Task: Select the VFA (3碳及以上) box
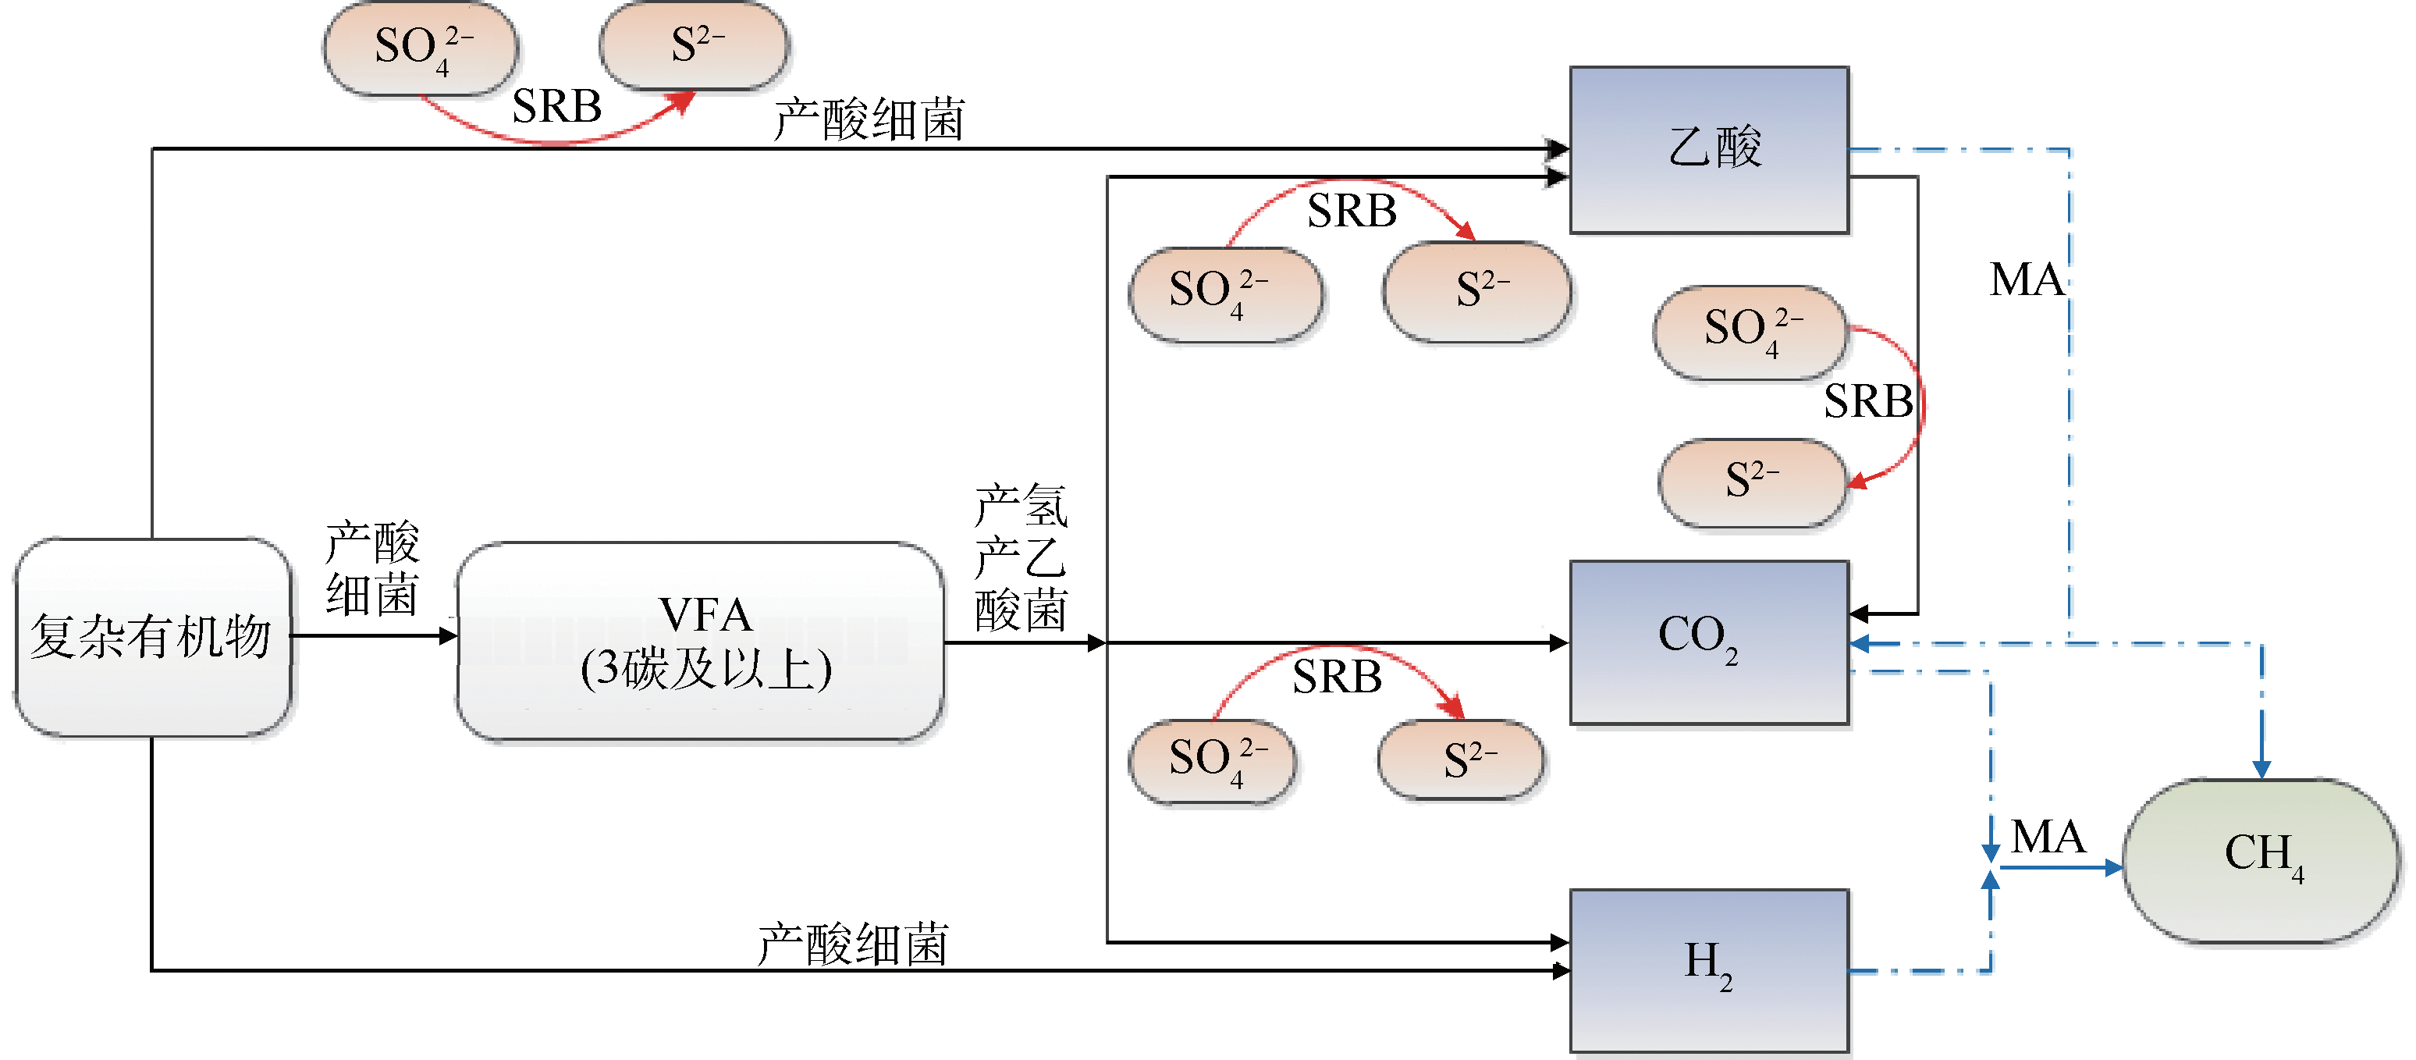click(x=701, y=642)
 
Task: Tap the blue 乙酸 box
click(x=1709, y=149)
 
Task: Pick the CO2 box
click(x=1709, y=642)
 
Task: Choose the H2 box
click(x=1709, y=970)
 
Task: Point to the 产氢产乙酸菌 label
click(x=1021, y=557)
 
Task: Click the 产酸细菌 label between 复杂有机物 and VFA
click(x=371, y=568)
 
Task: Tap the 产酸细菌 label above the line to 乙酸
click(x=869, y=120)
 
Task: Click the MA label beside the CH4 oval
click(x=2048, y=836)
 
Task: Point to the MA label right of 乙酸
click(x=2026, y=279)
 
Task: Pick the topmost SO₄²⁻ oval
click(x=420, y=48)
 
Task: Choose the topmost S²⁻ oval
click(x=694, y=45)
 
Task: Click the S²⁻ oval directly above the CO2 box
click(x=1752, y=482)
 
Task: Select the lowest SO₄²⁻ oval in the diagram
click(x=1213, y=761)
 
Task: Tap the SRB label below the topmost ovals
click(x=556, y=106)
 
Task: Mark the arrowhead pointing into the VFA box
click(x=448, y=636)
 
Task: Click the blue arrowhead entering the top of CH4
click(x=2261, y=768)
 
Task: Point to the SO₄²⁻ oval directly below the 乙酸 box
click(x=1750, y=332)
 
